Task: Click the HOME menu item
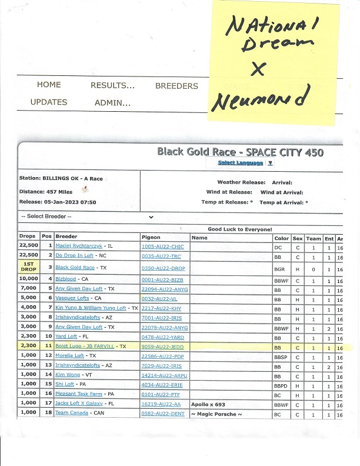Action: (x=49, y=85)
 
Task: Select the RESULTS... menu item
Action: (x=112, y=85)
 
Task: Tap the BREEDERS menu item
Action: (x=176, y=86)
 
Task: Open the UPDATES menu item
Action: (x=49, y=102)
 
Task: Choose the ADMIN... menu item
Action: (x=112, y=102)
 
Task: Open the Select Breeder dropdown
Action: (x=87, y=217)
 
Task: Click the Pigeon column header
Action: (x=151, y=238)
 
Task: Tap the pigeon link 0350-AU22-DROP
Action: (x=162, y=267)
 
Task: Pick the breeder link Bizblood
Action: (x=66, y=279)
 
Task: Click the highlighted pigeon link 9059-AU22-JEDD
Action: (x=162, y=347)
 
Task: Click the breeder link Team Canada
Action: (x=71, y=413)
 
